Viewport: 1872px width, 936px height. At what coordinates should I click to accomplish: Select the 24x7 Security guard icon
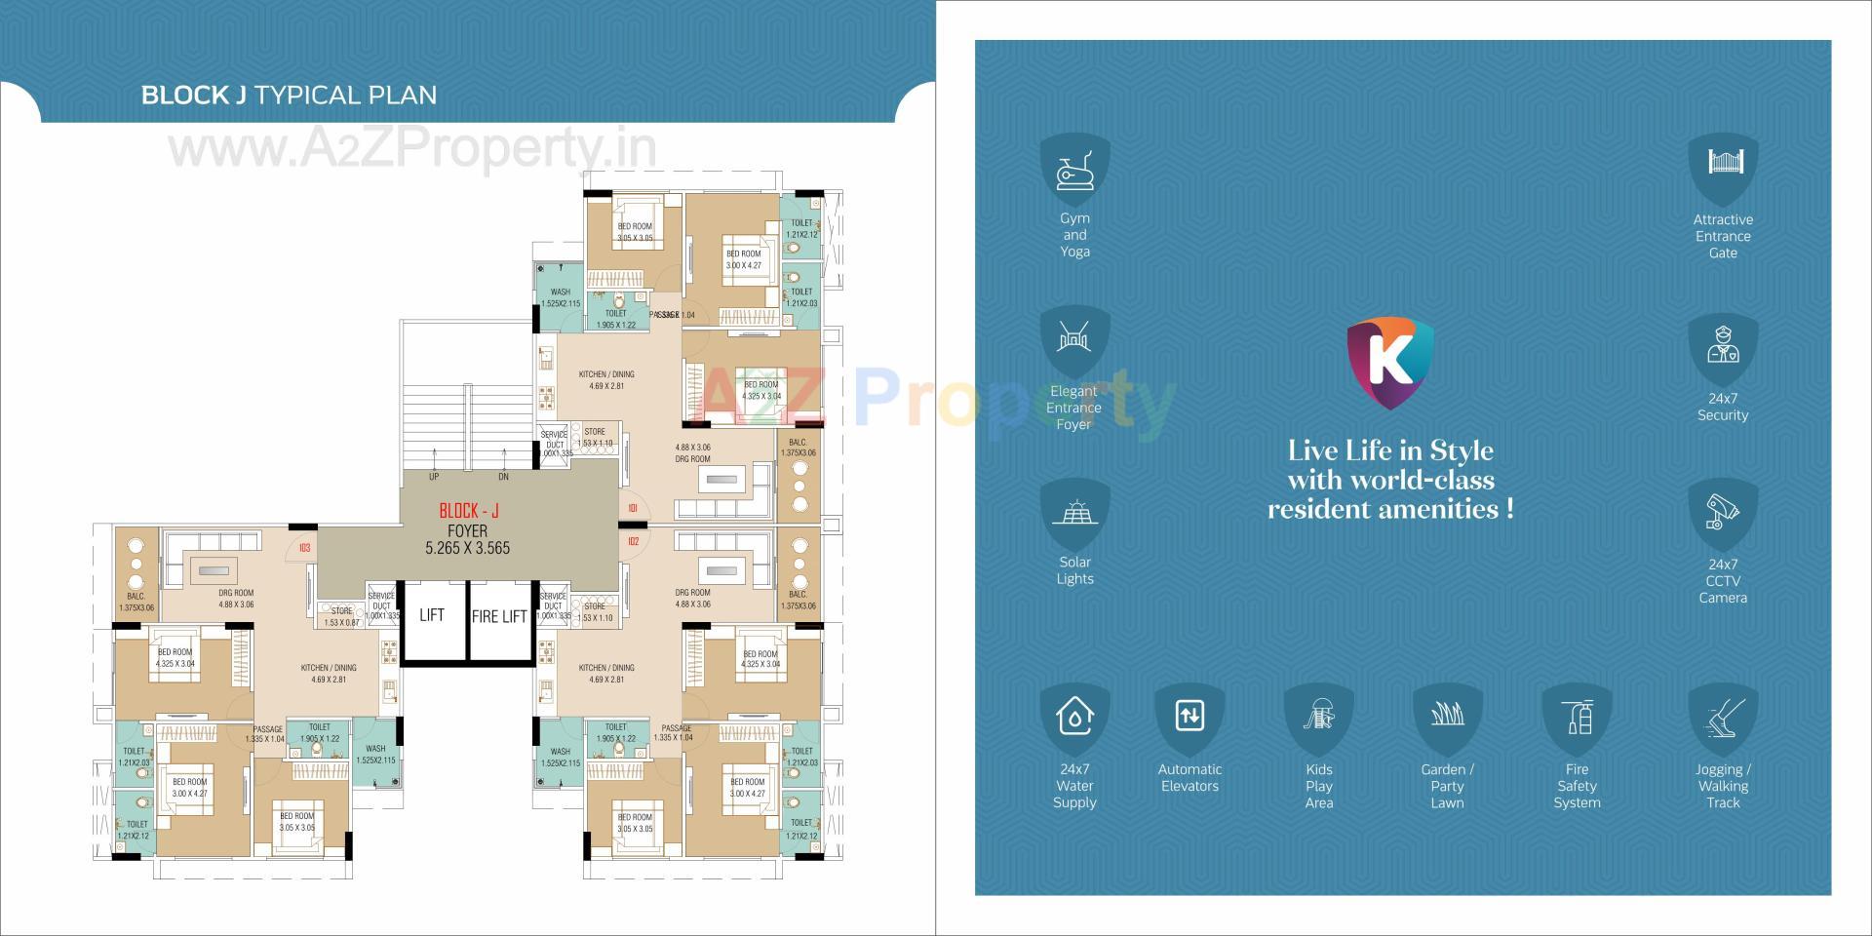1723,344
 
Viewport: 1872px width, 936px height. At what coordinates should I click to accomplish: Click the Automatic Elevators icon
1189,717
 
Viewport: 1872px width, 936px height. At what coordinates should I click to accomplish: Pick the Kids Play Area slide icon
1319,717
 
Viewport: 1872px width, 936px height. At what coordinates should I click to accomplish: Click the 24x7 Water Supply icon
1074,717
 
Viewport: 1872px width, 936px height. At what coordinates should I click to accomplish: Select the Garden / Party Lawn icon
1448,717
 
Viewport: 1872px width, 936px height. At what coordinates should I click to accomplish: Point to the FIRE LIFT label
499,616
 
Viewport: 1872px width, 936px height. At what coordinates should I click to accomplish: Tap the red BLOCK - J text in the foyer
469,511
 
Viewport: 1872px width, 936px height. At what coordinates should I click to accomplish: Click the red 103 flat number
304,548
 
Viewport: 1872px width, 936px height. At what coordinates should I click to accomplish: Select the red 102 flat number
634,542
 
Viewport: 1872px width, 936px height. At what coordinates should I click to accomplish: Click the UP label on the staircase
434,477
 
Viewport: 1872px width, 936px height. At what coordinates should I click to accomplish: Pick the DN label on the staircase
503,477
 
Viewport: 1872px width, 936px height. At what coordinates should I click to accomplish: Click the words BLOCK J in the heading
193,96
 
